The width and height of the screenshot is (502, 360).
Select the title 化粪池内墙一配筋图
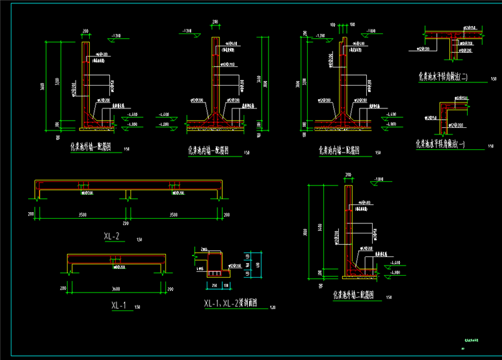pyautogui.click(x=214, y=150)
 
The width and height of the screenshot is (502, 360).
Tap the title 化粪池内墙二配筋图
pyautogui.click(x=339, y=151)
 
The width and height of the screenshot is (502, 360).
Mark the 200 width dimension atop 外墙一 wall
pyautogui.click(x=86, y=31)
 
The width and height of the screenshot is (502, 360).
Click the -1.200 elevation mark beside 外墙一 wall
pyautogui.click(x=116, y=34)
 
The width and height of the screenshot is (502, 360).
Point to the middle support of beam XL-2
pyautogui.click(x=128, y=194)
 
